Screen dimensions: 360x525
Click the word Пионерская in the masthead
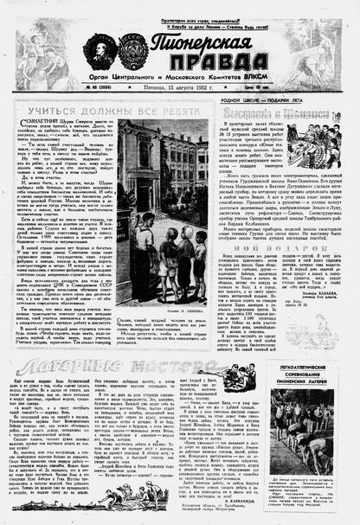(x=199, y=43)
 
